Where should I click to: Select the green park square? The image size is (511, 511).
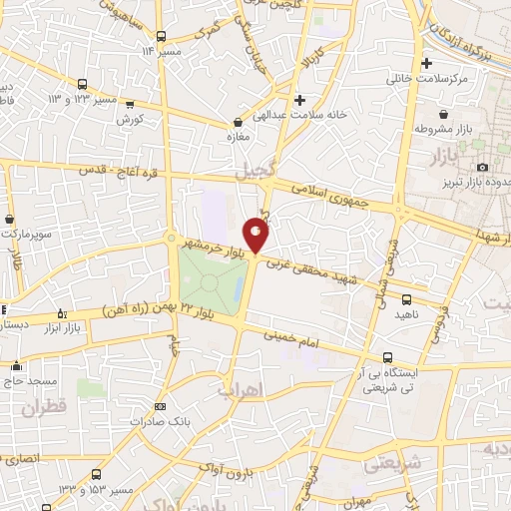[x=211, y=280]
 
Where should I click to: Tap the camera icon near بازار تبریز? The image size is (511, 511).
[x=483, y=167]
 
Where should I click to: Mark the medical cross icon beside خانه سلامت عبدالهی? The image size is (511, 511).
[x=299, y=99]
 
